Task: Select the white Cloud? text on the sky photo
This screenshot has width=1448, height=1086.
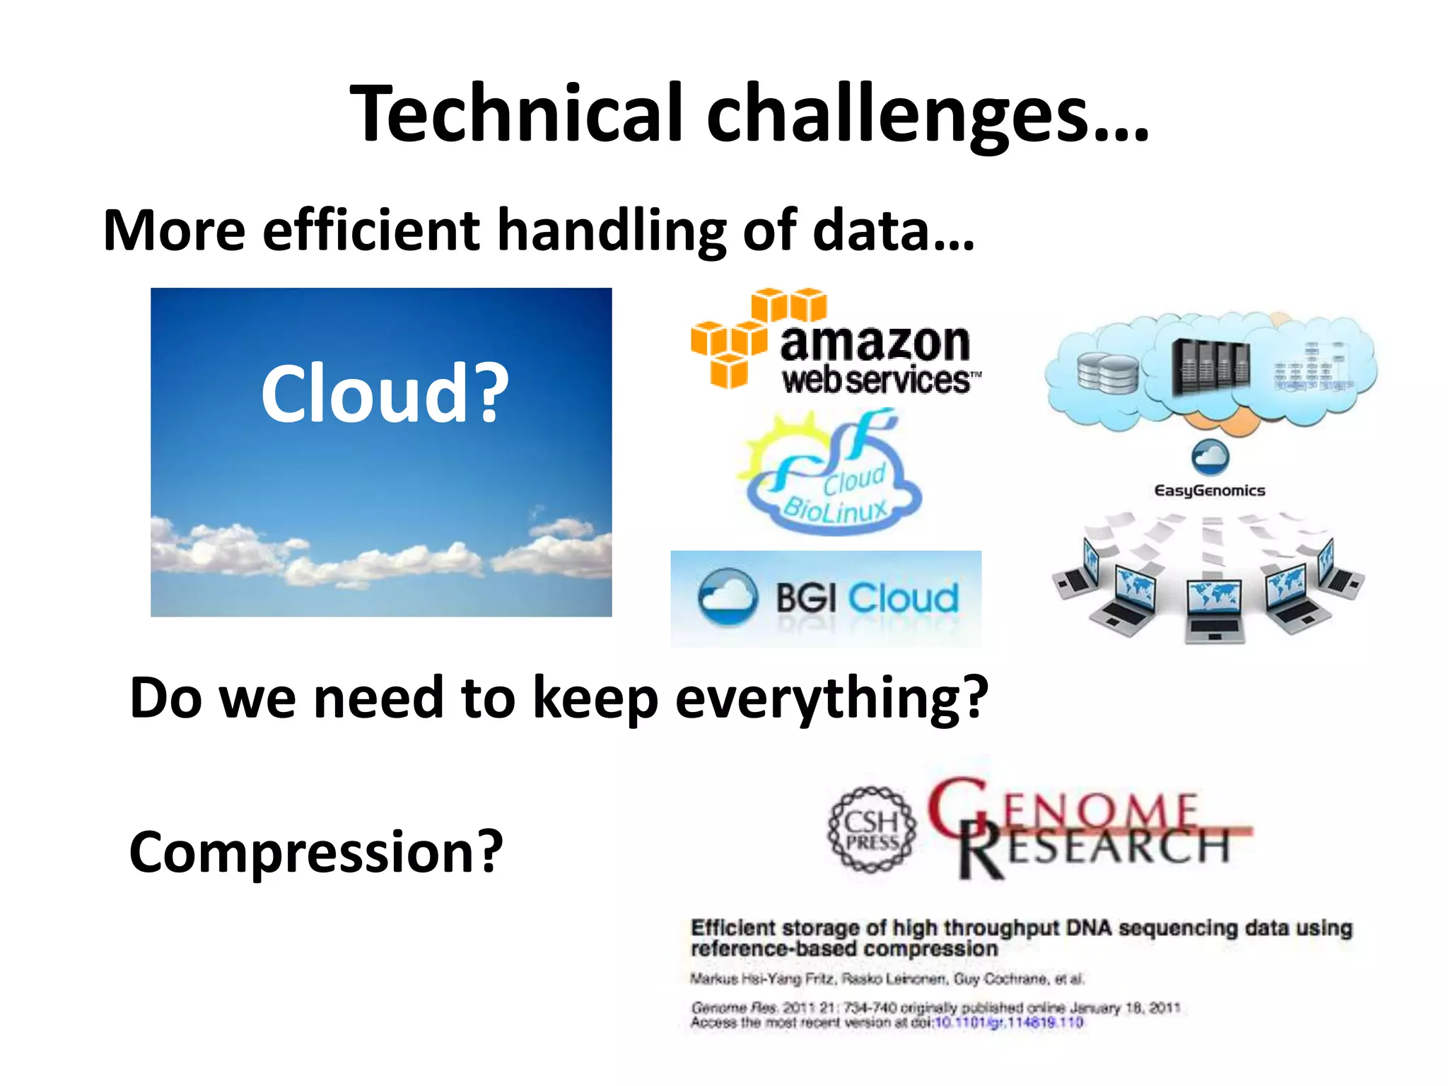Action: click(x=385, y=393)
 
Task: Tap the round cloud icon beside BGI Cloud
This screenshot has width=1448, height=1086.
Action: click(x=728, y=597)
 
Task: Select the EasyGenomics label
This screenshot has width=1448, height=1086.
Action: click(x=1209, y=491)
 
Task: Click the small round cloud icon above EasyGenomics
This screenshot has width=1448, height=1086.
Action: click(x=1210, y=457)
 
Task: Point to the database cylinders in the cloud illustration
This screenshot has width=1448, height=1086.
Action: click(x=1107, y=372)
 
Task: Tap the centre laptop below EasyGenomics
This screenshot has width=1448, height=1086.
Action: click(x=1213, y=609)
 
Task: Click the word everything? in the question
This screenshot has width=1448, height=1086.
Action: click(x=831, y=699)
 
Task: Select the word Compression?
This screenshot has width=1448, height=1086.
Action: click(x=315, y=852)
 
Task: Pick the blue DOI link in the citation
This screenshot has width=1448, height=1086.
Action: click(x=1009, y=1023)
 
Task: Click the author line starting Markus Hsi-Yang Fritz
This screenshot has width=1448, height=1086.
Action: click(x=887, y=979)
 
